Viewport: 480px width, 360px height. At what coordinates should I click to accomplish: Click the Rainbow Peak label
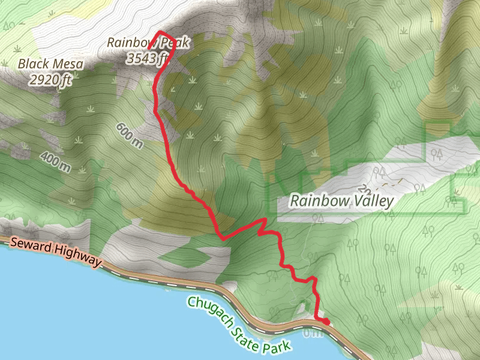click(x=148, y=43)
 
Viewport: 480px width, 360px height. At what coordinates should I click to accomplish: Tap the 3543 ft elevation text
click(x=147, y=58)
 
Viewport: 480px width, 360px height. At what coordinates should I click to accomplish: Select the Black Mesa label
click(x=50, y=64)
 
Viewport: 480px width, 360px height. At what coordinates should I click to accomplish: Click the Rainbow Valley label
click(x=341, y=200)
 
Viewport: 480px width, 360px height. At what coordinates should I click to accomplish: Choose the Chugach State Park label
click(x=239, y=322)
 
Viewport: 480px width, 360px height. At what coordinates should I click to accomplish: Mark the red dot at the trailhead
click(x=325, y=322)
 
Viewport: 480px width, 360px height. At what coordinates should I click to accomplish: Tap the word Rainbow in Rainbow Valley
click(x=317, y=200)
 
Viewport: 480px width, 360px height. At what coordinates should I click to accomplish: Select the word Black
click(x=32, y=64)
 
